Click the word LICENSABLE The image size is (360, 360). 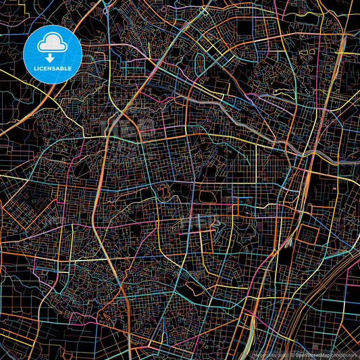click(53, 70)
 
